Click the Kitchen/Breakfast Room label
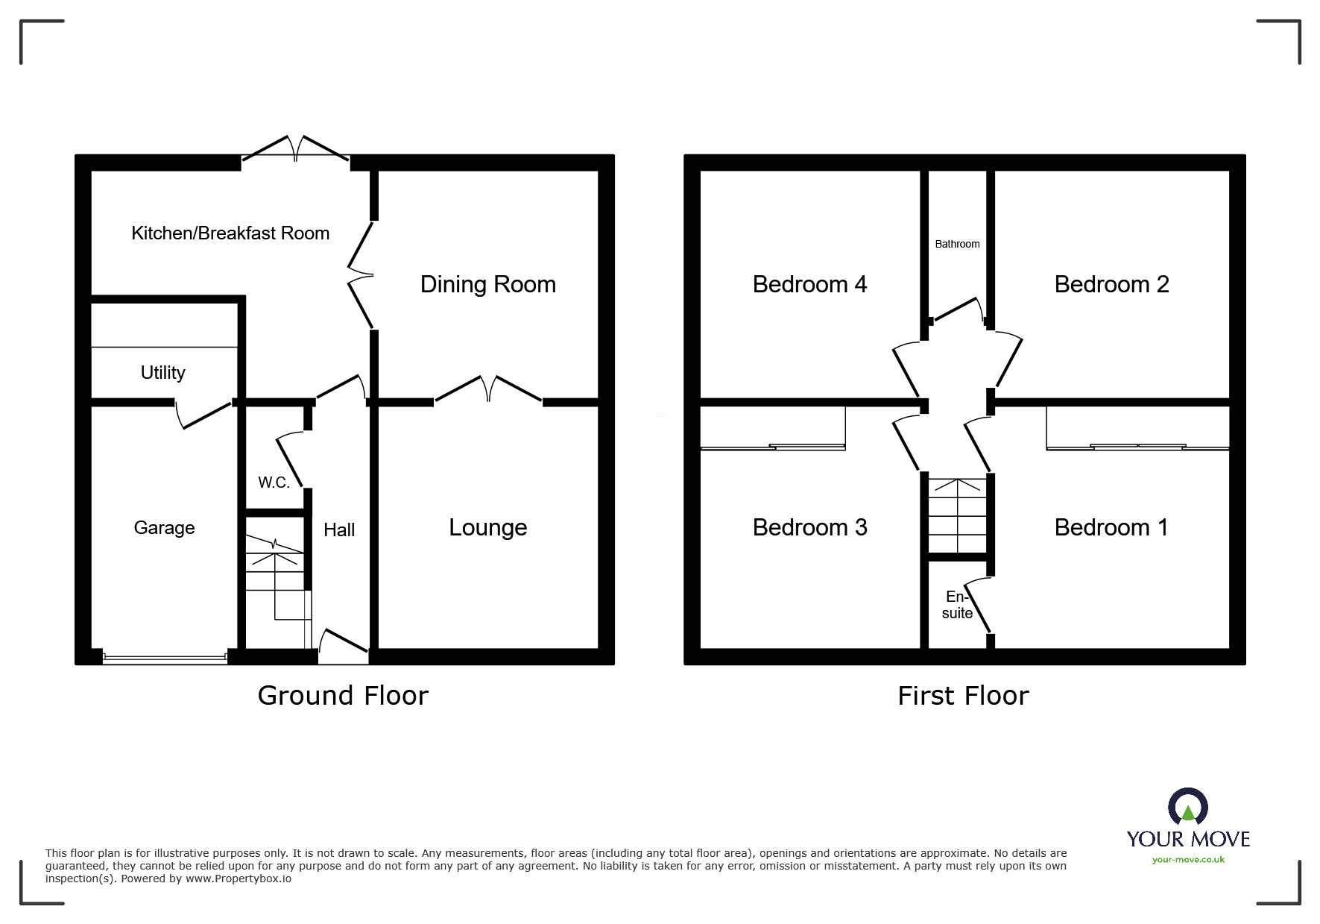tap(230, 233)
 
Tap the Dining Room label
tap(487, 284)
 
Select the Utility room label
tap(162, 372)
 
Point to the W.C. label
tap(274, 483)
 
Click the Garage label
tap(164, 528)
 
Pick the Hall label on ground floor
tap(338, 530)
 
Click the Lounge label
tap(487, 528)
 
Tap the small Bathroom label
tap(957, 244)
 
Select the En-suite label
tap(957, 605)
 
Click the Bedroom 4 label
tap(809, 284)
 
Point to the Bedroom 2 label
tap(1111, 284)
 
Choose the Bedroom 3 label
tap(809, 528)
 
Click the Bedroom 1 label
tap(1111, 528)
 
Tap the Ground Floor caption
tap(343, 696)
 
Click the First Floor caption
tap(963, 696)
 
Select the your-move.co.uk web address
tap(1188, 860)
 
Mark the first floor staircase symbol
tap(957, 515)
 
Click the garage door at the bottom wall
tap(165, 658)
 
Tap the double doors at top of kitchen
tap(296, 148)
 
